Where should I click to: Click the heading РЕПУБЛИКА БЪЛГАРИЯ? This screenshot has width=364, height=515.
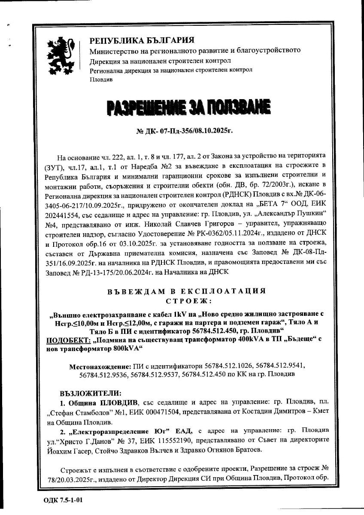142,41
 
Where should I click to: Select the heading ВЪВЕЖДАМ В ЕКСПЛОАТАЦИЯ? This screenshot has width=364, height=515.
186,291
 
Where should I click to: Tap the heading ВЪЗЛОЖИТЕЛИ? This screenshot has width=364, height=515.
91,393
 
